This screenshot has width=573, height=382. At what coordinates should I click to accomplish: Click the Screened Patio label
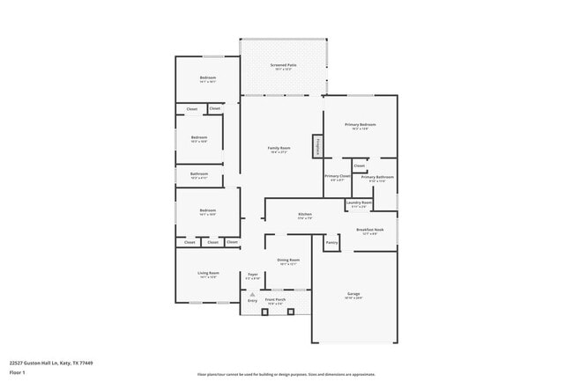[x=282, y=64]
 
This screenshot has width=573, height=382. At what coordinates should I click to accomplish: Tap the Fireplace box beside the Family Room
[x=316, y=147]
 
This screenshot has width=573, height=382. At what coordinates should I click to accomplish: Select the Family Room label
[x=279, y=148]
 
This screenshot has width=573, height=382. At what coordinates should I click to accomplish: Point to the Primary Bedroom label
[x=360, y=125]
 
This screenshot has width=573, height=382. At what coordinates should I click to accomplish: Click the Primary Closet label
[x=338, y=176]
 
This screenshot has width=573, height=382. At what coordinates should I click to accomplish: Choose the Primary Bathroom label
[x=377, y=177]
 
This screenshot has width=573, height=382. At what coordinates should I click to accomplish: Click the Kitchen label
[x=305, y=214]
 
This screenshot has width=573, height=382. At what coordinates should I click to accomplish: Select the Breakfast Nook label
[x=370, y=230]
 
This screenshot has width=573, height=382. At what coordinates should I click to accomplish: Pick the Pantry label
[x=332, y=242]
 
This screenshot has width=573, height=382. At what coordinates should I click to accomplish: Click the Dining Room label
[x=289, y=260]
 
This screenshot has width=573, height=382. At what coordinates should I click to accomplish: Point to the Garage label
[x=353, y=294]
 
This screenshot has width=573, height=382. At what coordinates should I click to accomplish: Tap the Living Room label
[x=208, y=274]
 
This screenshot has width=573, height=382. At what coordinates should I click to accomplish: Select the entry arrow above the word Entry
[x=252, y=292]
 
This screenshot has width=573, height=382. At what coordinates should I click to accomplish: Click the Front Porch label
[x=275, y=299]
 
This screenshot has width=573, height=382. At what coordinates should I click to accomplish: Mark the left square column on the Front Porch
[x=265, y=311]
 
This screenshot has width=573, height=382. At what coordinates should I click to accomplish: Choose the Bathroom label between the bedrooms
[x=199, y=173]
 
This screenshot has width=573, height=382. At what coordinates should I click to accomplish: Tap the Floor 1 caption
[x=18, y=372]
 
